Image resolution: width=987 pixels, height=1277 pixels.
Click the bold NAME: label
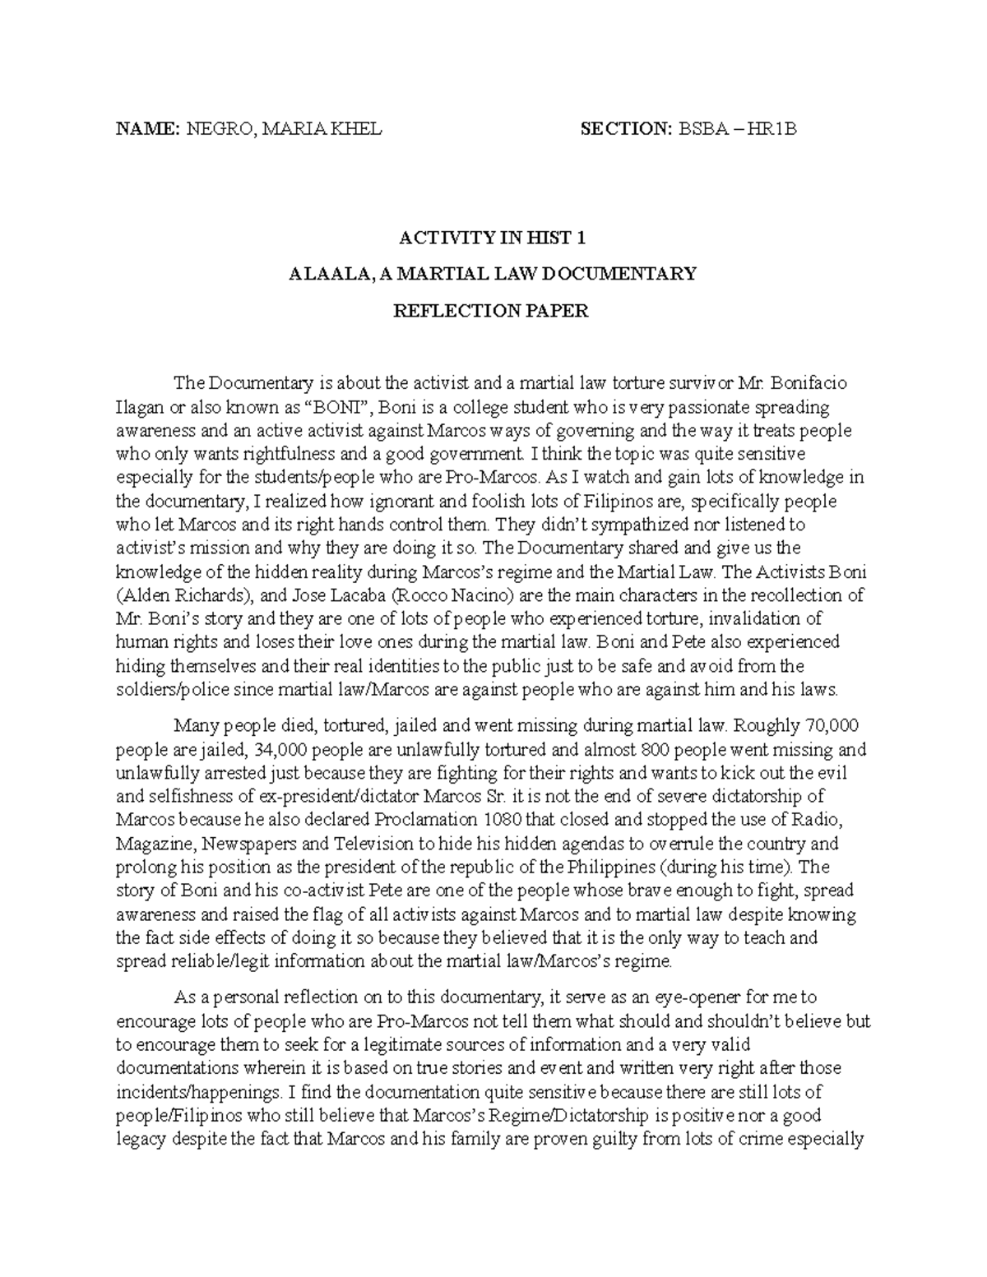[x=147, y=128]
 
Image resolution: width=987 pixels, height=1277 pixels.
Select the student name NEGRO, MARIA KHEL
[x=284, y=128]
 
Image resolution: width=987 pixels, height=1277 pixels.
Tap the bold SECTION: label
[x=626, y=128]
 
